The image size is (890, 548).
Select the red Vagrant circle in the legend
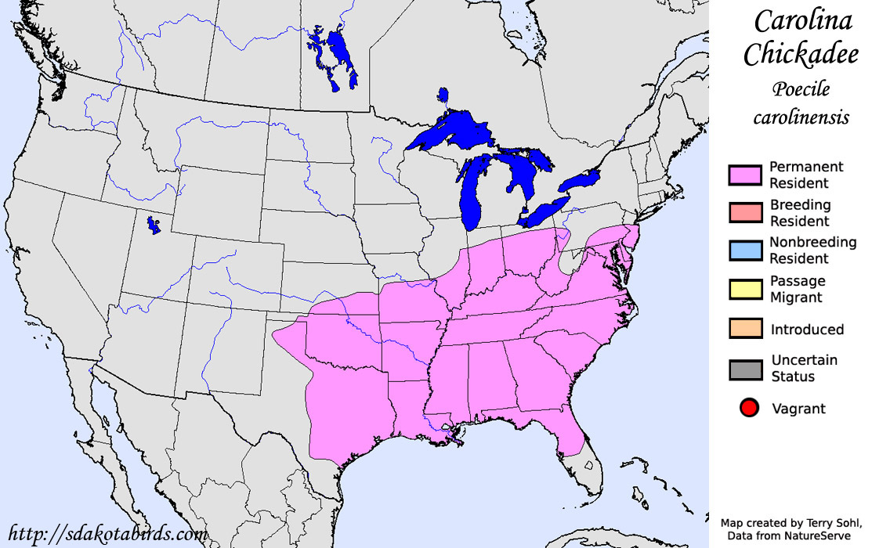tap(749, 408)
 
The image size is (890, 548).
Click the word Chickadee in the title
tap(801, 55)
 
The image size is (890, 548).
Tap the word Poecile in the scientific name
tap(801, 89)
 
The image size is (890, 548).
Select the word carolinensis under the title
tap(801, 117)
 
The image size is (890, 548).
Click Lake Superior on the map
tap(447, 133)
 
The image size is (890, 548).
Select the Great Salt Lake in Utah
tap(150, 226)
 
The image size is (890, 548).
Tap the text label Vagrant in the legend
tap(798, 408)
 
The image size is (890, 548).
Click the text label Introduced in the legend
tap(807, 330)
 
